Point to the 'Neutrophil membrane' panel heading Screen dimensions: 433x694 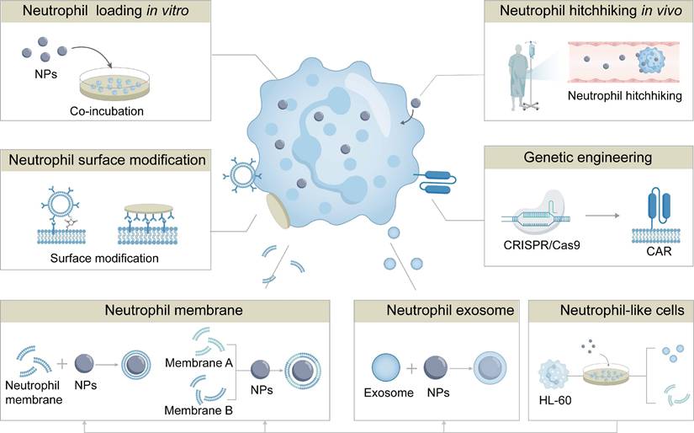pos(173,310)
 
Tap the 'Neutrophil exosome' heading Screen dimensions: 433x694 pos(437,310)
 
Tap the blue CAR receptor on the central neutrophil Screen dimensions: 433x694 pos(436,178)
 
